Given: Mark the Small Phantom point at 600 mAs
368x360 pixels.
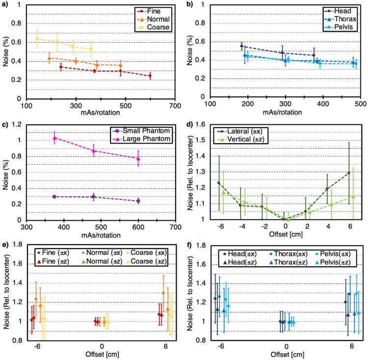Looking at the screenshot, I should coord(138,201).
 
